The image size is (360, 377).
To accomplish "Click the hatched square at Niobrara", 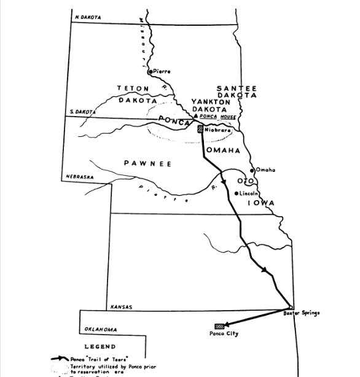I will [x=200, y=129].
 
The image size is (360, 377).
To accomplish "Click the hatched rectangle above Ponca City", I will [x=218, y=326].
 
